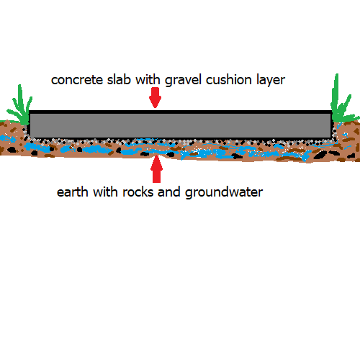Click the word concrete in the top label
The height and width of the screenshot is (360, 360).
(77, 80)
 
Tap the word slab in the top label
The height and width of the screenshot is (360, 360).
(119, 79)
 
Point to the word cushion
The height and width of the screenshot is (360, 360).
(229, 79)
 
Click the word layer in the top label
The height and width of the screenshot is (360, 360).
(271, 80)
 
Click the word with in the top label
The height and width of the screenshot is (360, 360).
(148, 79)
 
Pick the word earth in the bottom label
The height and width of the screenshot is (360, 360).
(72, 192)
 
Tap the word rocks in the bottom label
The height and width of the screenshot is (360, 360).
(138, 192)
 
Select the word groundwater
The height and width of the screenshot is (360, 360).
(224, 192)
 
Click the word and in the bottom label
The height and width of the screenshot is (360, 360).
(169, 192)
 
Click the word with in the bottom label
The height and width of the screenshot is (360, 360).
(105, 192)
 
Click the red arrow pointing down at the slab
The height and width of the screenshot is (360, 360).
(155, 97)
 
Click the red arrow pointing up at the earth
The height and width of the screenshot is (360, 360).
(156, 169)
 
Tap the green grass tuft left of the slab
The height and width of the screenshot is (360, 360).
(20, 108)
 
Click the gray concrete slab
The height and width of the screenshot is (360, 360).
(181, 125)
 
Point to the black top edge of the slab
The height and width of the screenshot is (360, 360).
(181, 112)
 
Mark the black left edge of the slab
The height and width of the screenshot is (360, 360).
(29, 124)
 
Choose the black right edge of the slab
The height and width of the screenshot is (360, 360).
(332, 125)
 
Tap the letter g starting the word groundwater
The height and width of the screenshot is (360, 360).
(189, 194)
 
